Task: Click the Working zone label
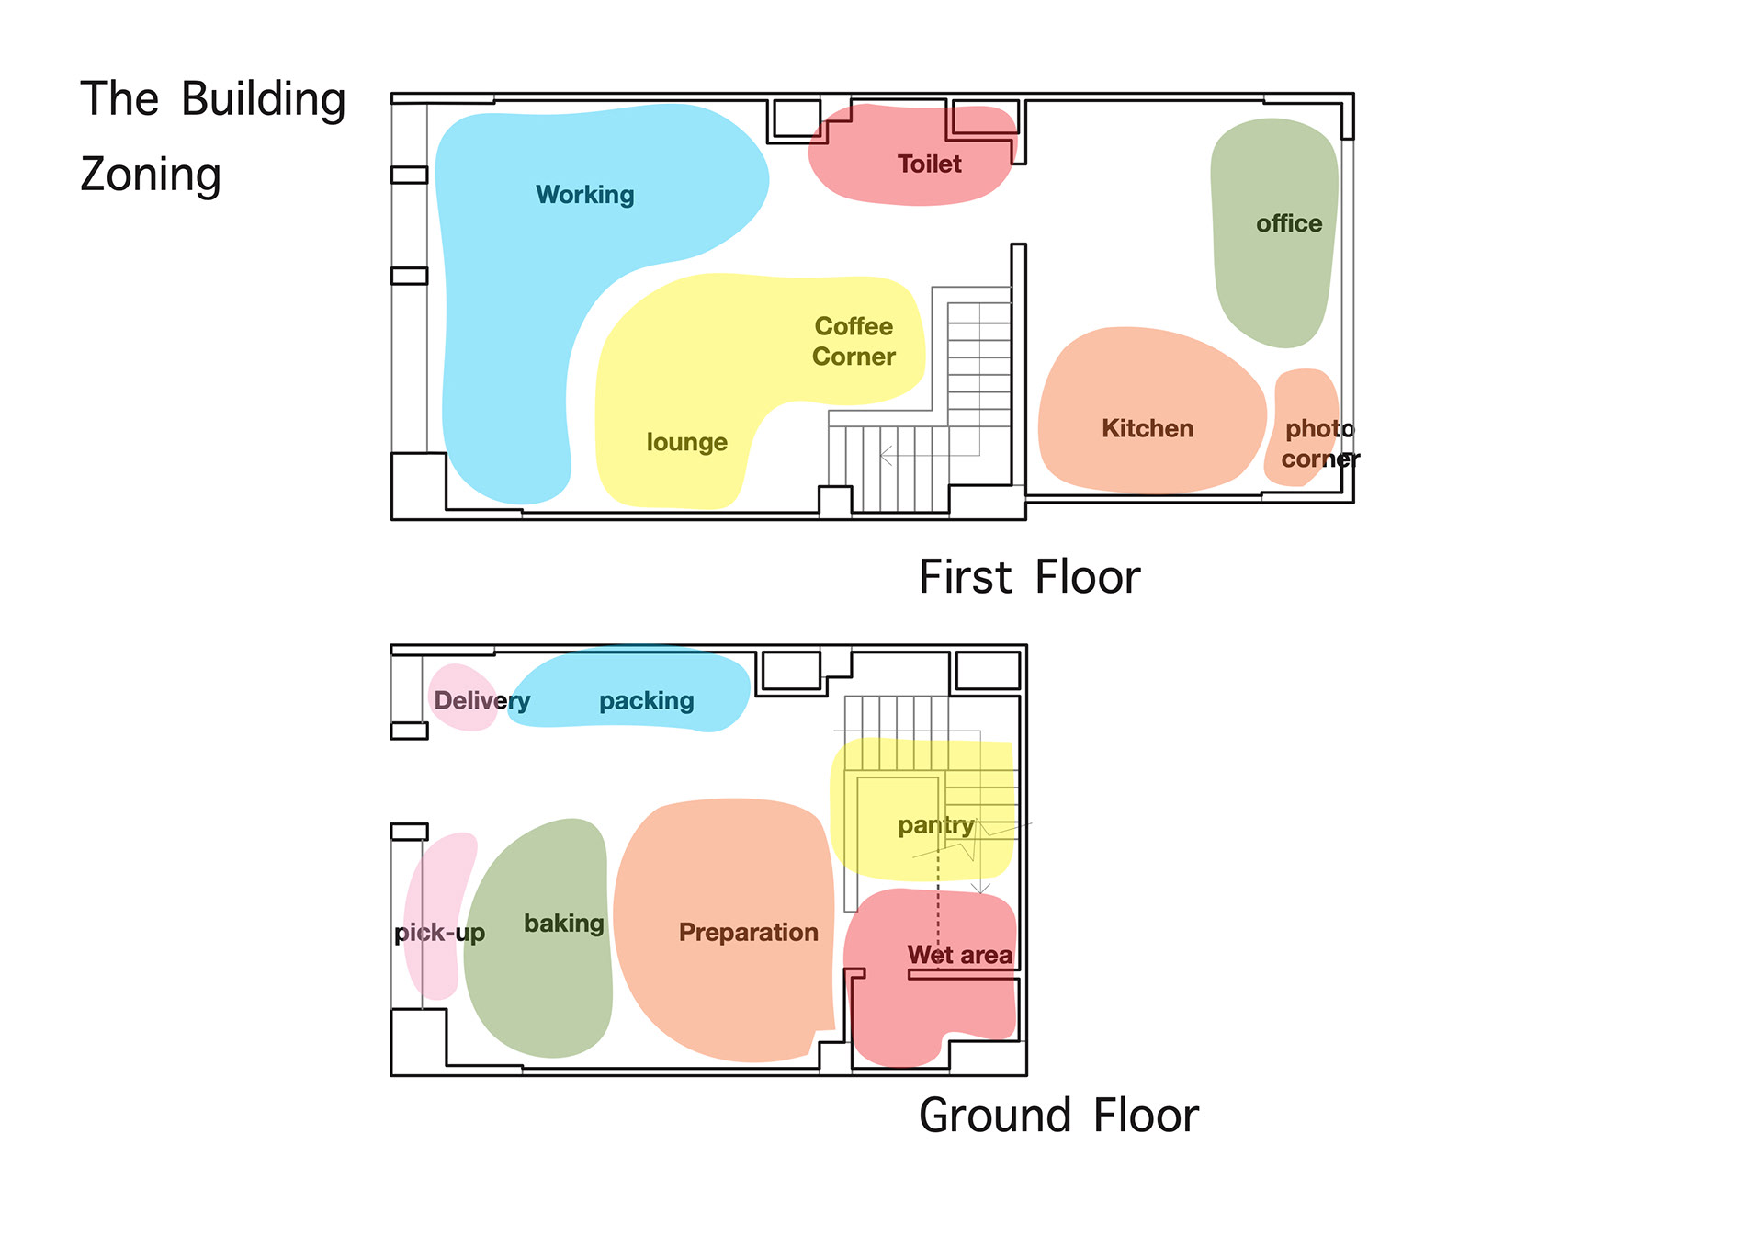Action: [x=585, y=195]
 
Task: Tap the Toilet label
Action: [x=930, y=164]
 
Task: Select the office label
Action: [x=1289, y=223]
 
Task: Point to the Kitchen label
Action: [x=1148, y=428]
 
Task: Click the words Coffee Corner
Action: [x=854, y=341]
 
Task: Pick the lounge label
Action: [x=686, y=442]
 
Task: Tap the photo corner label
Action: [x=1320, y=443]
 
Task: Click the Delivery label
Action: [x=481, y=700]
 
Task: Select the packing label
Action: [x=647, y=701]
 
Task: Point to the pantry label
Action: [x=935, y=826]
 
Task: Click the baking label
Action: [x=564, y=924]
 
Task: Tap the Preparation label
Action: [x=748, y=932]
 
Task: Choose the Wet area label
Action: [x=960, y=955]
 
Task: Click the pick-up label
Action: [x=439, y=933]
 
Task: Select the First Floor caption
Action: [x=1029, y=577]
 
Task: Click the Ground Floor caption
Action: [x=1058, y=1116]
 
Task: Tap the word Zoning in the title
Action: [x=151, y=176]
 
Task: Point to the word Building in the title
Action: [x=263, y=99]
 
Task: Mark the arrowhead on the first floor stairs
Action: [x=886, y=455]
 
